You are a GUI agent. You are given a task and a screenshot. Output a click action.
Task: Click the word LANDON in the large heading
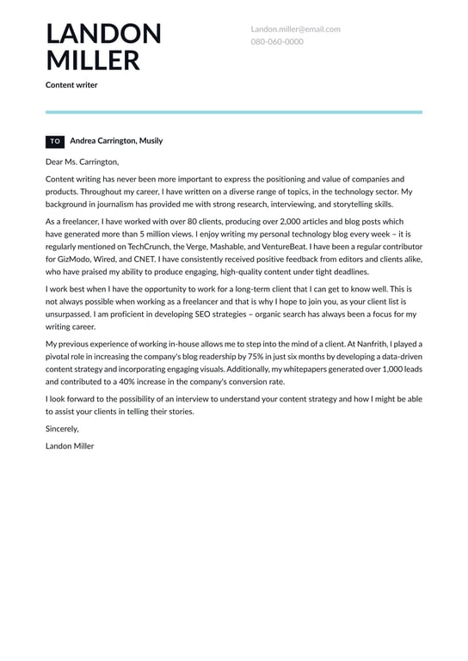click(103, 34)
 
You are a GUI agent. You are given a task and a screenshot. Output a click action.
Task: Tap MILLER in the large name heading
click(93, 60)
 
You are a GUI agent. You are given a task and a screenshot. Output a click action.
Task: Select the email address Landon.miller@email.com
click(295, 28)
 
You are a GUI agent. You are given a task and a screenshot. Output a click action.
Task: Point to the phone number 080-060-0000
click(277, 41)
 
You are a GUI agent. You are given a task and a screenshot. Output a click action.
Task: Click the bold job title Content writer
click(71, 85)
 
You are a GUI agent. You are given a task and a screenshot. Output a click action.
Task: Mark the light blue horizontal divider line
click(234, 112)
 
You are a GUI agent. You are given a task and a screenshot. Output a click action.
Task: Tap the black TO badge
click(55, 141)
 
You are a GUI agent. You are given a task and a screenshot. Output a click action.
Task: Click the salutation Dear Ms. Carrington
click(83, 161)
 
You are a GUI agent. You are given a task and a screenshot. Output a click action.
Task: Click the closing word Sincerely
click(62, 428)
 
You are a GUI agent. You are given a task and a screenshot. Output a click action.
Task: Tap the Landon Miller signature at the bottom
click(70, 446)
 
